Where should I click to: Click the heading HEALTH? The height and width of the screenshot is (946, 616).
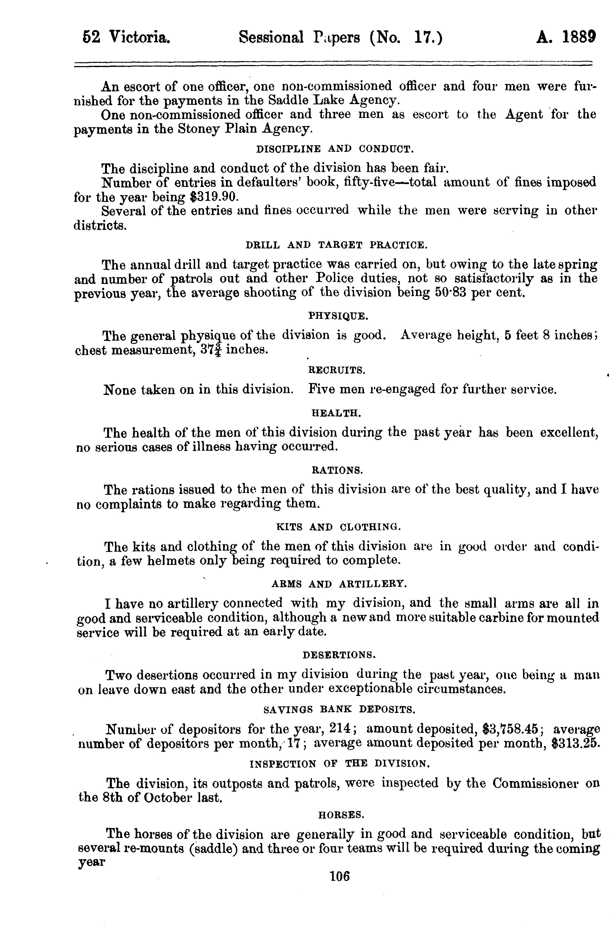pos(336,413)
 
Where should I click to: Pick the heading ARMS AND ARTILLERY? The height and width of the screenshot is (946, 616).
pos(339,584)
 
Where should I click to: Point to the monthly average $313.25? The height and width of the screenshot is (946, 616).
pos(575,743)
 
